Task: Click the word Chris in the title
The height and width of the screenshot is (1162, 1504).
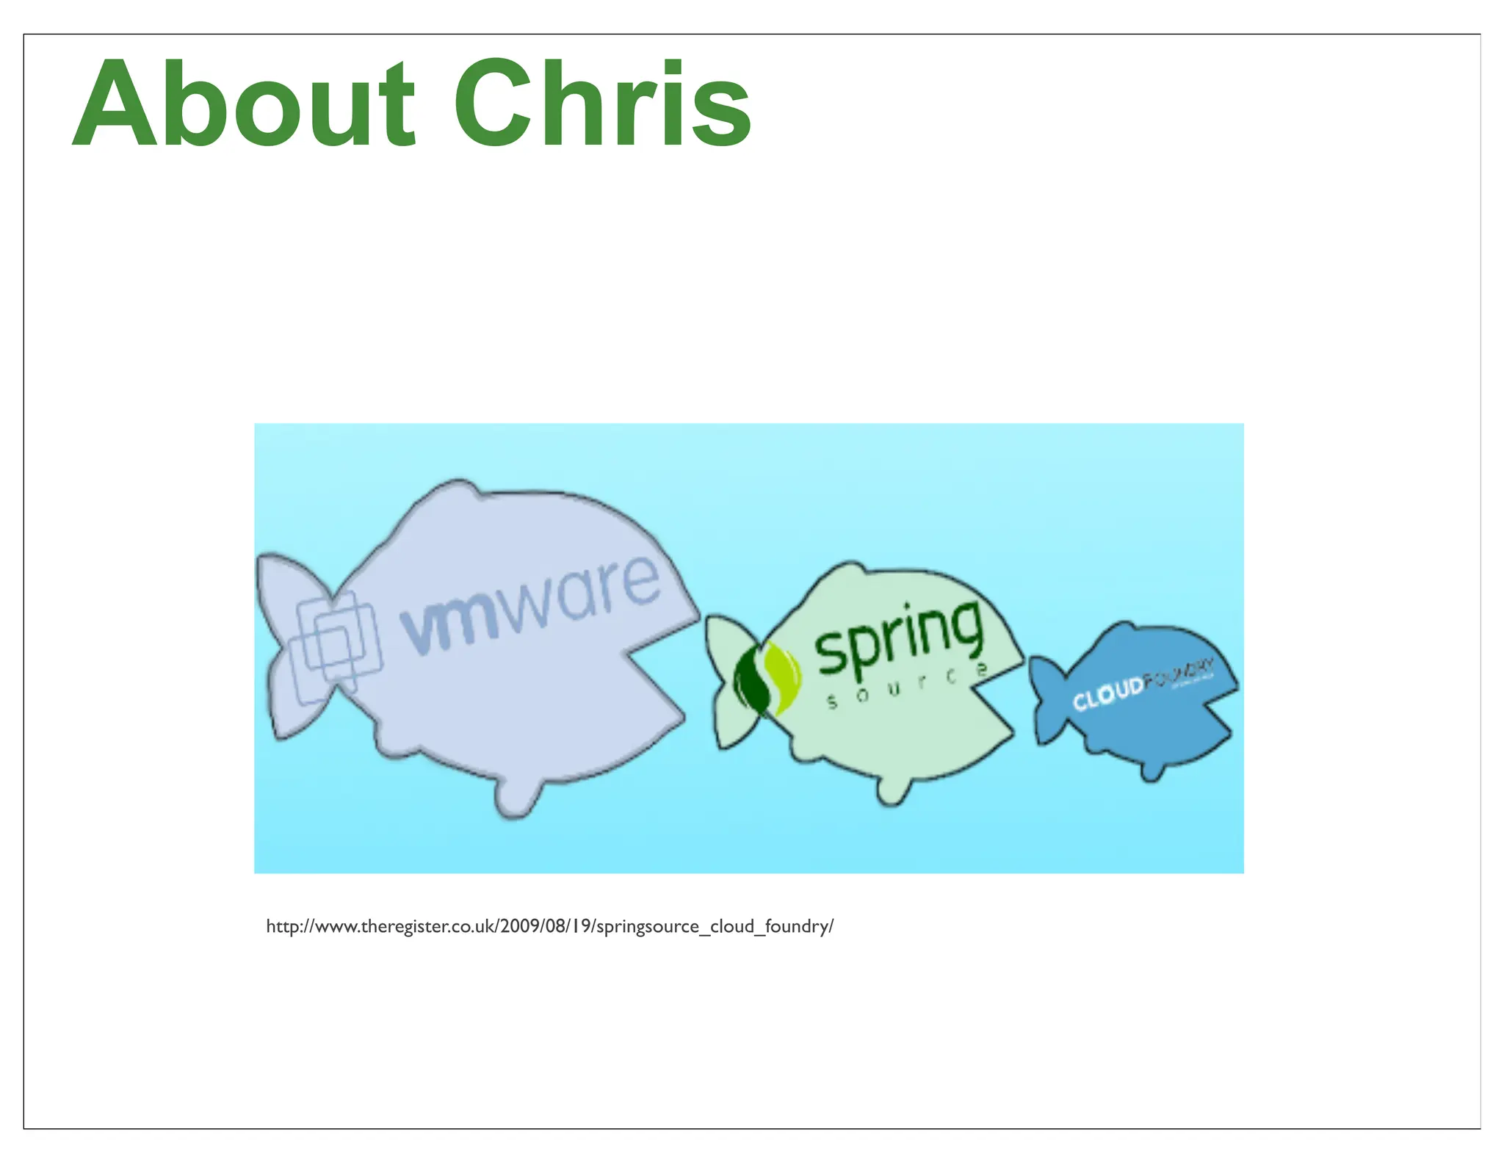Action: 602,104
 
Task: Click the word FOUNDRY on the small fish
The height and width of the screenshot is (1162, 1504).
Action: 1179,674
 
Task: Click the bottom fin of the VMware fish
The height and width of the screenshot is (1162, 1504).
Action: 518,797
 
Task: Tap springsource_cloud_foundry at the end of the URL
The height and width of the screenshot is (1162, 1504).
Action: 712,927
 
